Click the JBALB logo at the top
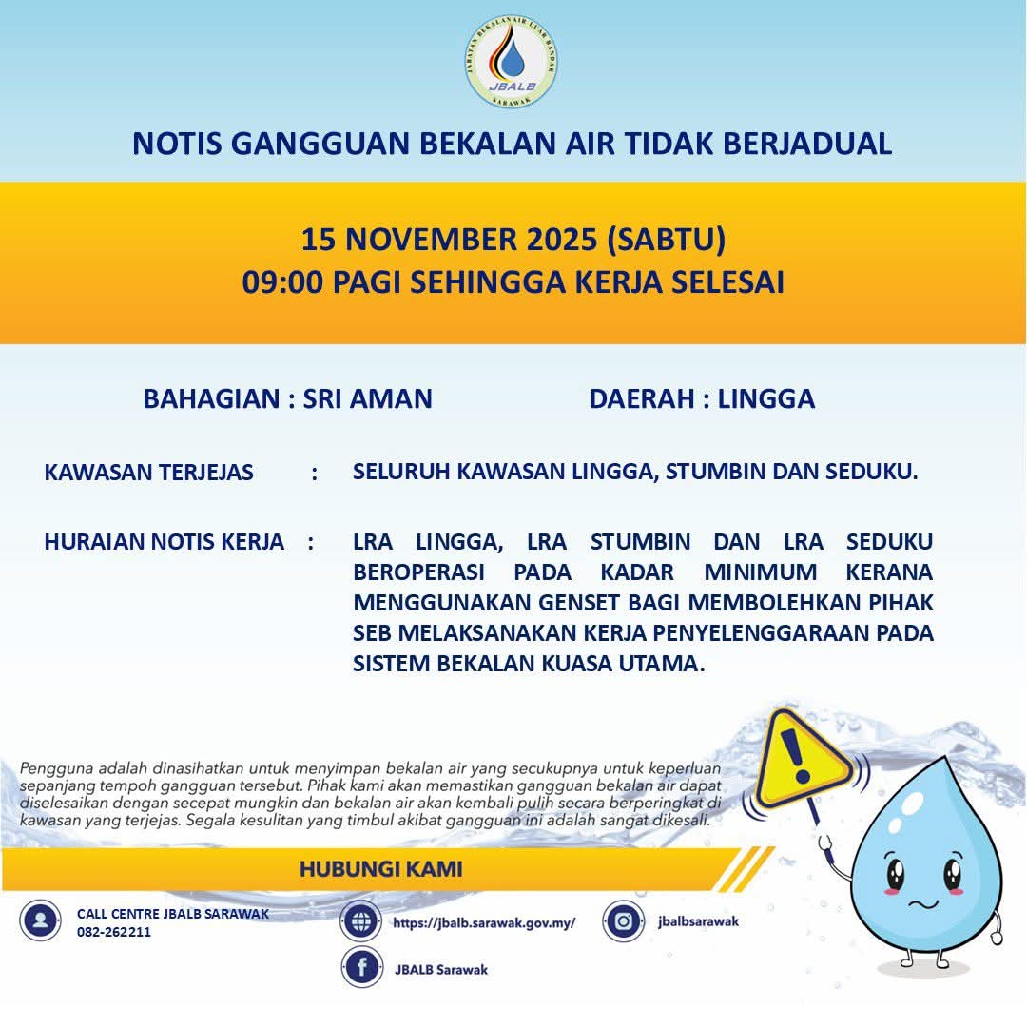click(x=512, y=61)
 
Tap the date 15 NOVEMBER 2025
click(x=449, y=239)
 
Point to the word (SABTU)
click(x=666, y=239)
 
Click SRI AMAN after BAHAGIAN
click(x=367, y=398)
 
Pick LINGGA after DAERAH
click(x=766, y=398)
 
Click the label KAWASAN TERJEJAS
click(x=148, y=472)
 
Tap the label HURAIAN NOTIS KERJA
click(x=164, y=542)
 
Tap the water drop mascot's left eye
click(x=896, y=871)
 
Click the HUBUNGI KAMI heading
click(x=380, y=868)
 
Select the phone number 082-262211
click(x=114, y=932)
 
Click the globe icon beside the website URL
click(x=361, y=921)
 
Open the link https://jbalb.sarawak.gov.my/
click(x=484, y=922)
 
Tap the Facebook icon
click(x=361, y=968)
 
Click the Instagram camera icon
click(x=624, y=920)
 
